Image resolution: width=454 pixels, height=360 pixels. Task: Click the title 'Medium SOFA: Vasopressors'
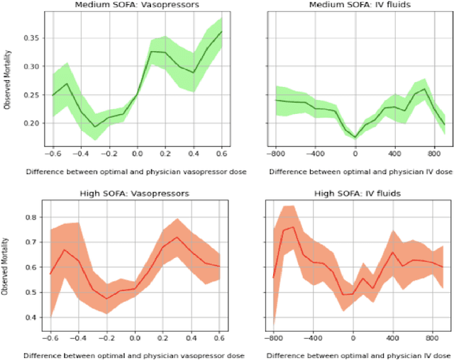click(x=136, y=6)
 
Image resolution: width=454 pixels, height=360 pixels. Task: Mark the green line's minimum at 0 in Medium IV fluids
click(x=355, y=137)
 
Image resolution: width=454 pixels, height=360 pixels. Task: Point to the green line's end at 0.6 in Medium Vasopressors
click(x=221, y=32)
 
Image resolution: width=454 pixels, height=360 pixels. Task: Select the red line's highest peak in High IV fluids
click(x=293, y=227)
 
